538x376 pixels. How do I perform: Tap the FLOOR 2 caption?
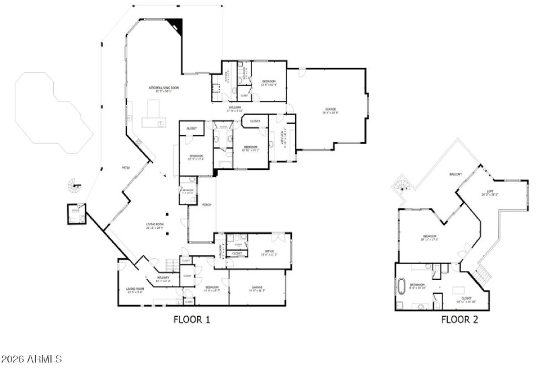[x=459, y=320]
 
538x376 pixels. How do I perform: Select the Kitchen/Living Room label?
[x=163, y=89]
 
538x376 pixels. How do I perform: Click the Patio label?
[x=125, y=167]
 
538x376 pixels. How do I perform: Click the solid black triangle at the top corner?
[x=177, y=26]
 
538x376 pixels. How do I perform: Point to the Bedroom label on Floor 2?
[x=430, y=237]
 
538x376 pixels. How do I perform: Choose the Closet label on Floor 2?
[x=465, y=299]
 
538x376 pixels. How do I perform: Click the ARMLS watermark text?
[x=32, y=359]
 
